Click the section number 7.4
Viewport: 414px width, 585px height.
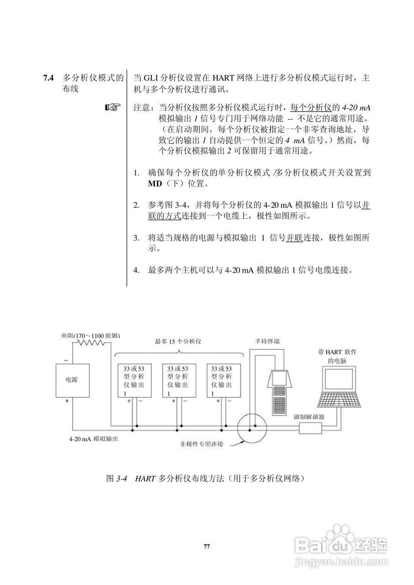coord(48,78)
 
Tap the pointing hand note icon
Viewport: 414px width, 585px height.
coord(112,108)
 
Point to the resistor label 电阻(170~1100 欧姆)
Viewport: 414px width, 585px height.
coord(90,335)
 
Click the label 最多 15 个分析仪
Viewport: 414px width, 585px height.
coord(179,341)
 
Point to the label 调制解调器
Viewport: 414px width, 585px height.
coord(309,417)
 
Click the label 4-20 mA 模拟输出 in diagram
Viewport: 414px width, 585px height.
coord(94,439)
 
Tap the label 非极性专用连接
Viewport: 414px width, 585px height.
coord(202,444)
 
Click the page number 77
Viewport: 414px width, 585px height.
coord(207,546)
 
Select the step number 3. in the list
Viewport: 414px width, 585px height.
coord(136,238)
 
